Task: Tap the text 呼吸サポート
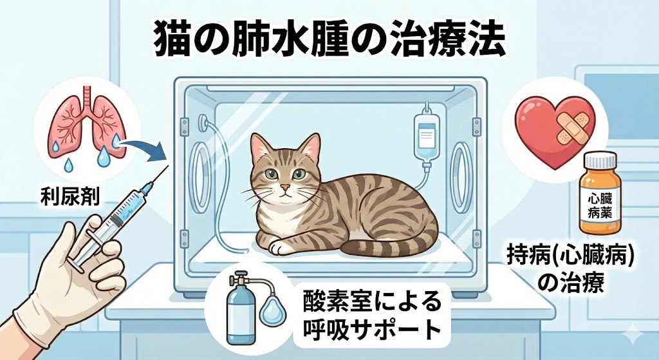pyautogui.click(x=371, y=328)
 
